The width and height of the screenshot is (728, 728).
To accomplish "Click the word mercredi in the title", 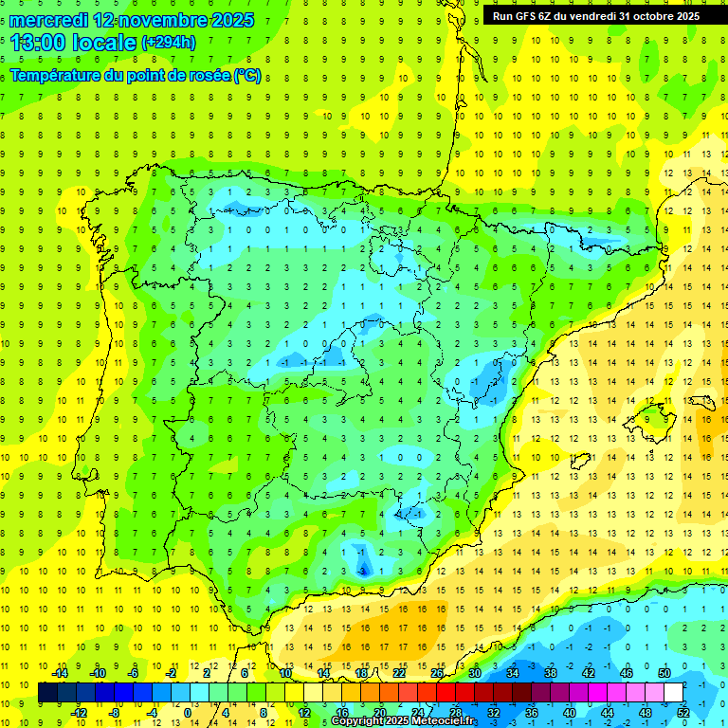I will (48, 20).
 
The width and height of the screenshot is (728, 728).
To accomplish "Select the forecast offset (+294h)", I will (168, 43).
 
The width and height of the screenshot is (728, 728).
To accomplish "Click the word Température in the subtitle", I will (56, 75).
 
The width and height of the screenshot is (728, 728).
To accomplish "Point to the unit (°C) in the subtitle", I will (247, 75).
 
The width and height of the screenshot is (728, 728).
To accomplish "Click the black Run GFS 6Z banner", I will (595, 15).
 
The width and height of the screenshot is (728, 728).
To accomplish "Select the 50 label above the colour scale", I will (664, 673).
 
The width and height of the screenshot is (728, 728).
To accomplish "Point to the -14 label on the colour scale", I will (60, 673).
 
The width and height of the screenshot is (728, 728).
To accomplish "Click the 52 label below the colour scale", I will (682, 712).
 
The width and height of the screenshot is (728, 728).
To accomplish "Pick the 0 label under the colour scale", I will (189, 712).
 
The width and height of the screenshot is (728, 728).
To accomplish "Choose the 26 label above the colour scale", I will (437, 673).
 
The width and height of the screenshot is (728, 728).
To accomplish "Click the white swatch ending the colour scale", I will (674, 693).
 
